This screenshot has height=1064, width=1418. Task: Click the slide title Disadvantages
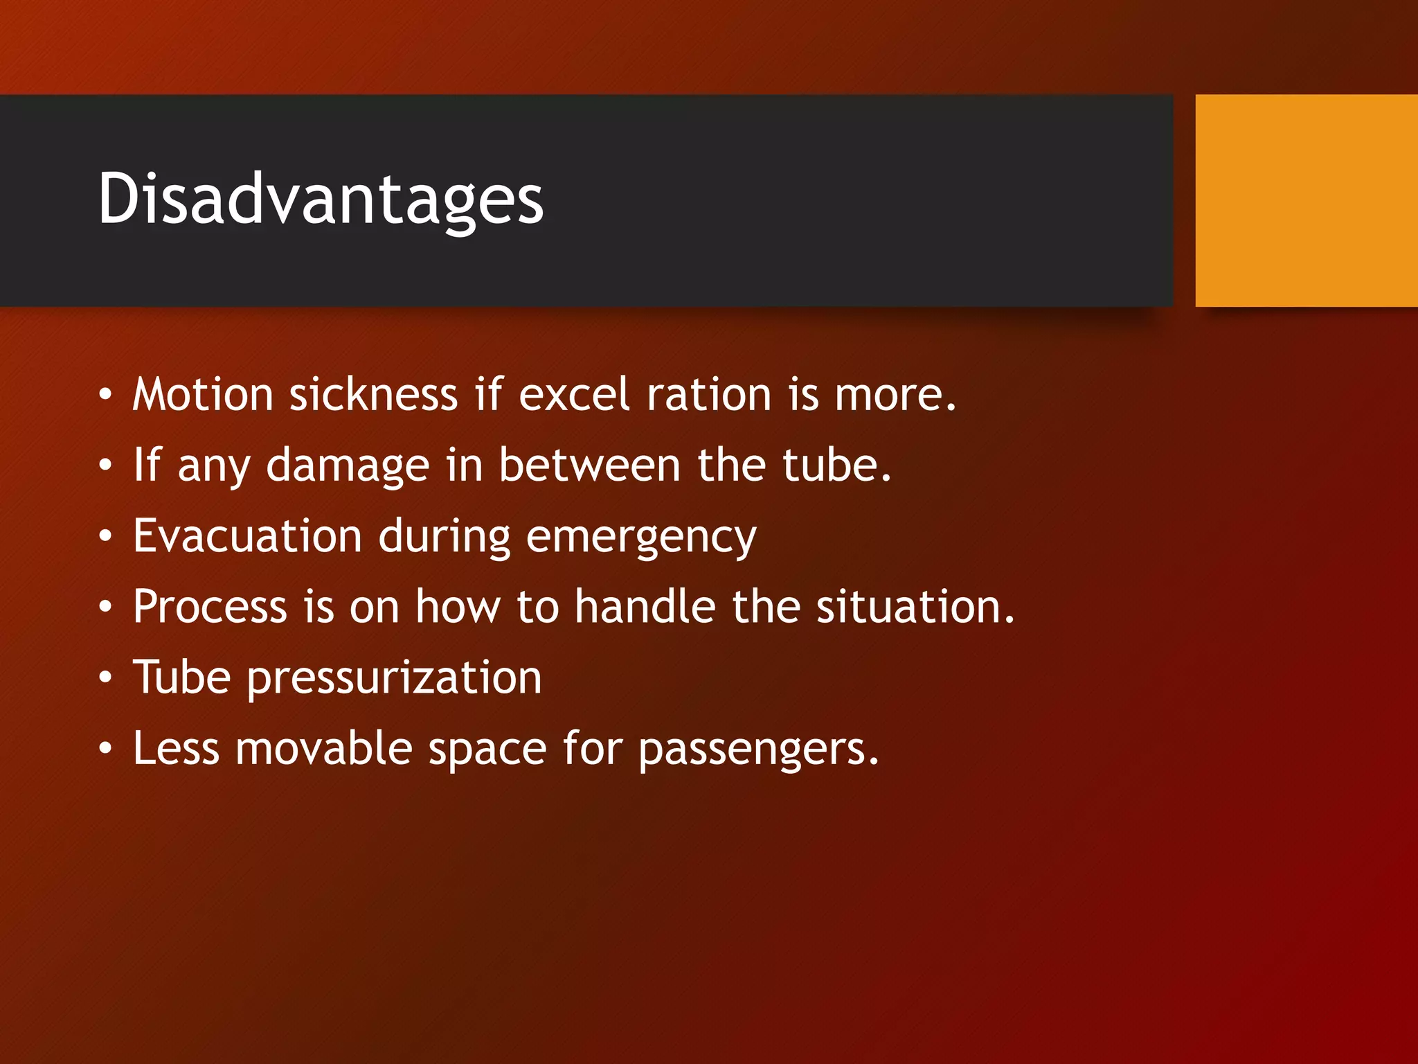[321, 199]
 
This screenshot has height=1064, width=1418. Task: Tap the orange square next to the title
[1306, 201]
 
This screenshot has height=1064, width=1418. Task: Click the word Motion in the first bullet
[203, 395]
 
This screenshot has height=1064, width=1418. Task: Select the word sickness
[373, 395]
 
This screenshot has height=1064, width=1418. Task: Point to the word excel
[574, 395]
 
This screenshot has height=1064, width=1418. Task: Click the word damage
[348, 465]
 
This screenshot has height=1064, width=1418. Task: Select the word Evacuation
[247, 536]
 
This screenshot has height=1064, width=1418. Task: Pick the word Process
[210, 607]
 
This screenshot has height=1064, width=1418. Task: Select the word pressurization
[394, 679]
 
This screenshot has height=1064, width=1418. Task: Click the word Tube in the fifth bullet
[181, 677]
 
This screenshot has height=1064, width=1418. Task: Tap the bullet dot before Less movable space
[105, 749]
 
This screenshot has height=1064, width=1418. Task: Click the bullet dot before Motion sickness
[105, 395]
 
